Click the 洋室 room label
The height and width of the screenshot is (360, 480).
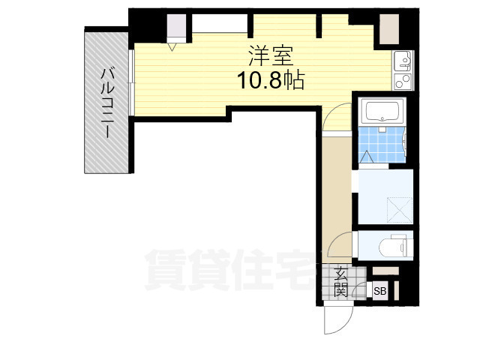pos(271,55)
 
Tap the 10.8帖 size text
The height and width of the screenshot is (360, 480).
pos(271,80)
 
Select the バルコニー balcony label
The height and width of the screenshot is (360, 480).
pos(107,103)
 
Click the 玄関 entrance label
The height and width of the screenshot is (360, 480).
pos(340,282)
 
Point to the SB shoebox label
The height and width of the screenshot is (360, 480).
pos(380,291)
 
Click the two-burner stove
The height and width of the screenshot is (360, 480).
pos(403,81)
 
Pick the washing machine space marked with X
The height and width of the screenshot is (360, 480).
pos(400,210)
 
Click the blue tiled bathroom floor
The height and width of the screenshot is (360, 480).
pos(382,145)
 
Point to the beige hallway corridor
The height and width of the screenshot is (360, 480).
pos(337,199)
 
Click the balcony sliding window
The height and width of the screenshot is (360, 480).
pos(131,82)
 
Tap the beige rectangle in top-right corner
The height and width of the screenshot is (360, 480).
pos(389,29)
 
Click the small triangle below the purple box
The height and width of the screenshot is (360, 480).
pos(172,47)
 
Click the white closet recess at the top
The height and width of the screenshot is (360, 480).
pos(220,23)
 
